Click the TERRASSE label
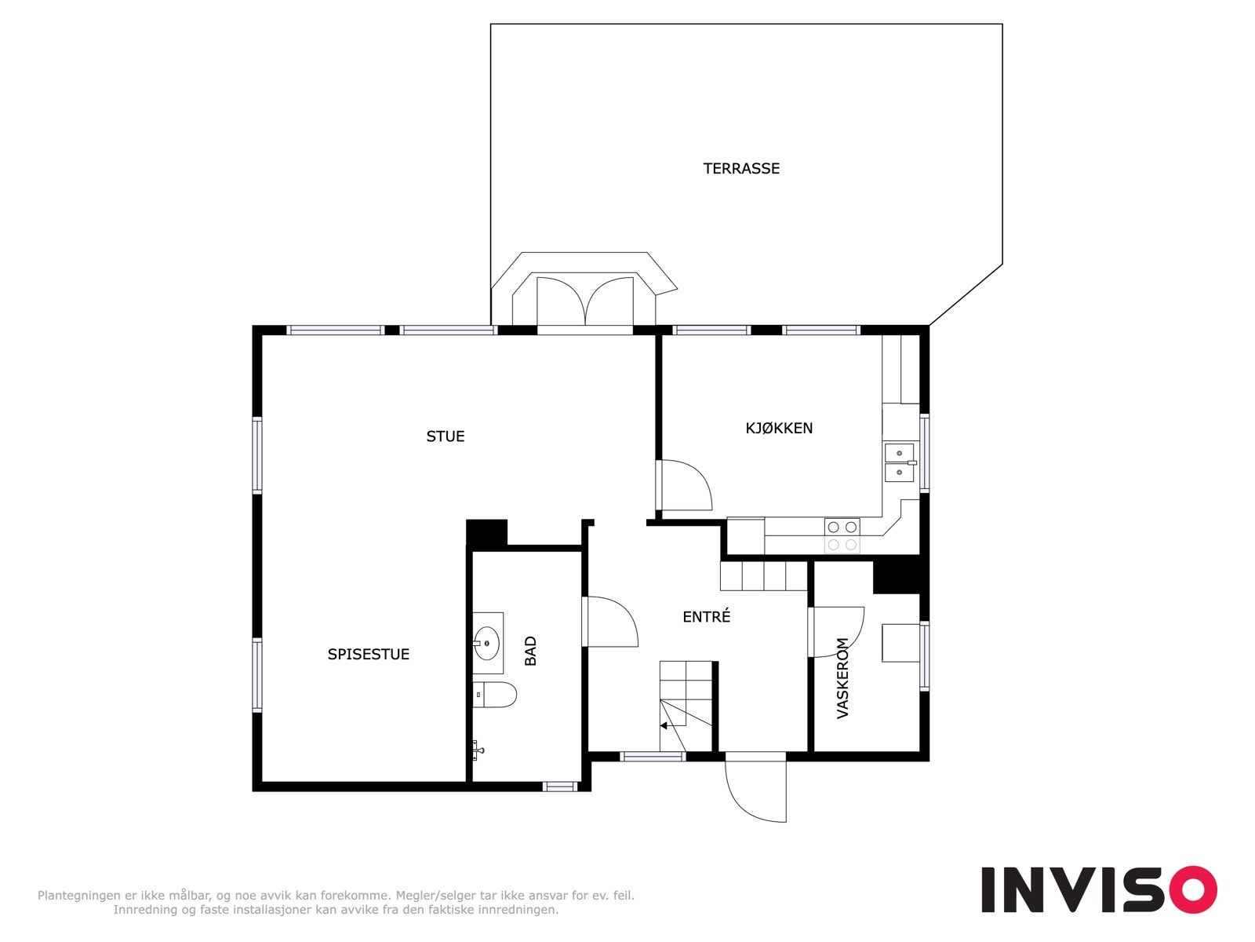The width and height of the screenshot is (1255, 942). click(x=741, y=168)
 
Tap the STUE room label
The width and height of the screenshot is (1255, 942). click(x=445, y=436)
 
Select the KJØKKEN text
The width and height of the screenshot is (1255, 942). click(x=778, y=428)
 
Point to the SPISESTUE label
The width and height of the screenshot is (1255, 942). click(x=368, y=654)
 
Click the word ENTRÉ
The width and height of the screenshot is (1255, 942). click(x=706, y=617)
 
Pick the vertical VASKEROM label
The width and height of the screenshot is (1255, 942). click(x=843, y=678)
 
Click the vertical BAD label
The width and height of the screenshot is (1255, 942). click(x=531, y=651)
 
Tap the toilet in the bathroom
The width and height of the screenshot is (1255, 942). click(x=496, y=695)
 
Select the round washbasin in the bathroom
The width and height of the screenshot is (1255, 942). click(x=487, y=643)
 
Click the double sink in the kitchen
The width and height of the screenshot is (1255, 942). click(x=900, y=463)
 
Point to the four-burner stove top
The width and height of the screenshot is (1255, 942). click(x=842, y=535)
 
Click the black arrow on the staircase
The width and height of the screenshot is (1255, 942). click(x=664, y=725)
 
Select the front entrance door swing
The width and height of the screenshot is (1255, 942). click(x=755, y=789)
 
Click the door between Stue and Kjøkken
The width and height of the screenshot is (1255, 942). click(x=684, y=485)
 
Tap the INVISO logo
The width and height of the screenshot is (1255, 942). click(x=1098, y=889)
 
